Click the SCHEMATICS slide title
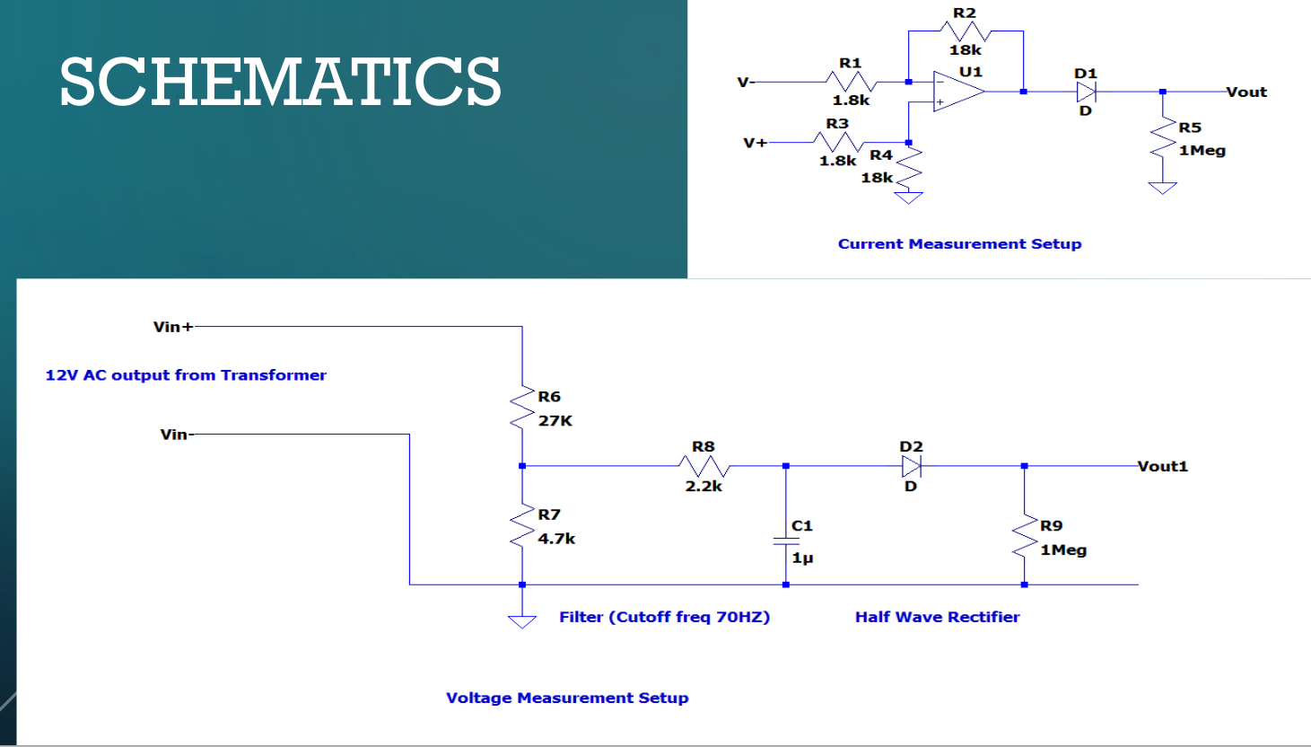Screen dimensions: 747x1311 coord(280,82)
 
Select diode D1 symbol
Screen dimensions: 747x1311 coord(1086,92)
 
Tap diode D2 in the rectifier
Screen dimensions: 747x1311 coord(912,466)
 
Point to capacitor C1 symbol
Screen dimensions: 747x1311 coord(786,540)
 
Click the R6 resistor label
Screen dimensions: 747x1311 coord(549,396)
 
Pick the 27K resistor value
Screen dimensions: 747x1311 coord(555,420)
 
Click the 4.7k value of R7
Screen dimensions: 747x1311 coord(556,539)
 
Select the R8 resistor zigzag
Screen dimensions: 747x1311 coord(704,466)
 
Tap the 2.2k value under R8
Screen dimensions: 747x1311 coord(704,487)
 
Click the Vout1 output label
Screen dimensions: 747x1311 coord(1162,466)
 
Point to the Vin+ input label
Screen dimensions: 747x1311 coord(172,327)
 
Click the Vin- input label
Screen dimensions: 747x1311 coord(174,435)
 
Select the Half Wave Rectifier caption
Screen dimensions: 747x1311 coord(937,617)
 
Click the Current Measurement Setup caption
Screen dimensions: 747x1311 coord(959,244)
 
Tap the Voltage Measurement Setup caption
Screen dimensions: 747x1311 coord(567,698)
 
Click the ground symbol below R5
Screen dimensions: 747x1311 coord(1162,188)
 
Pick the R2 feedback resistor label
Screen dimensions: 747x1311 coord(965,13)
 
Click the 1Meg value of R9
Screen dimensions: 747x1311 coord(1063,549)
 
